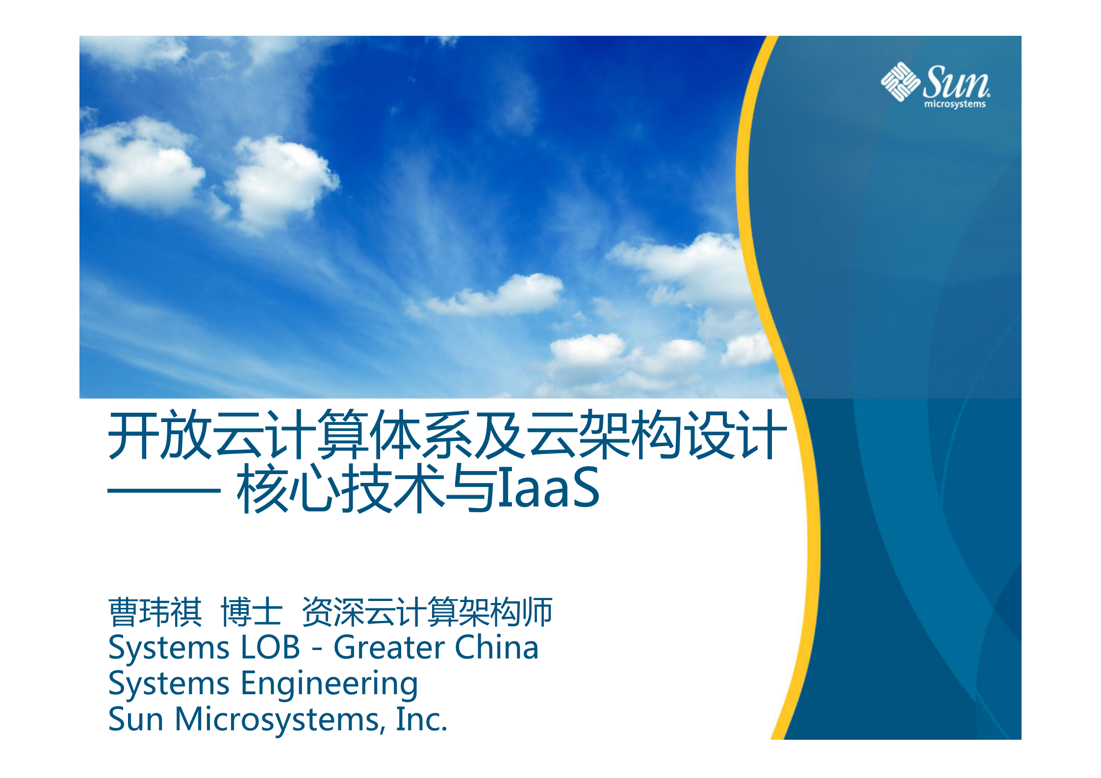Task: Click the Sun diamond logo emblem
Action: click(x=900, y=82)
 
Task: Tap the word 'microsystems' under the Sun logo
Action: click(x=954, y=104)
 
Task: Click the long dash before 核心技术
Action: click(x=164, y=490)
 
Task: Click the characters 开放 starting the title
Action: click(x=160, y=435)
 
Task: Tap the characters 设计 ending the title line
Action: click(x=735, y=435)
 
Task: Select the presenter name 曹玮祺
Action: click(x=155, y=612)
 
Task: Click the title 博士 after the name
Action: click(x=252, y=612)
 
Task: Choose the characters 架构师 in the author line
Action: click(x=507, y=612)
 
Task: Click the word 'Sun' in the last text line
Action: click(x=136, y=719)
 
